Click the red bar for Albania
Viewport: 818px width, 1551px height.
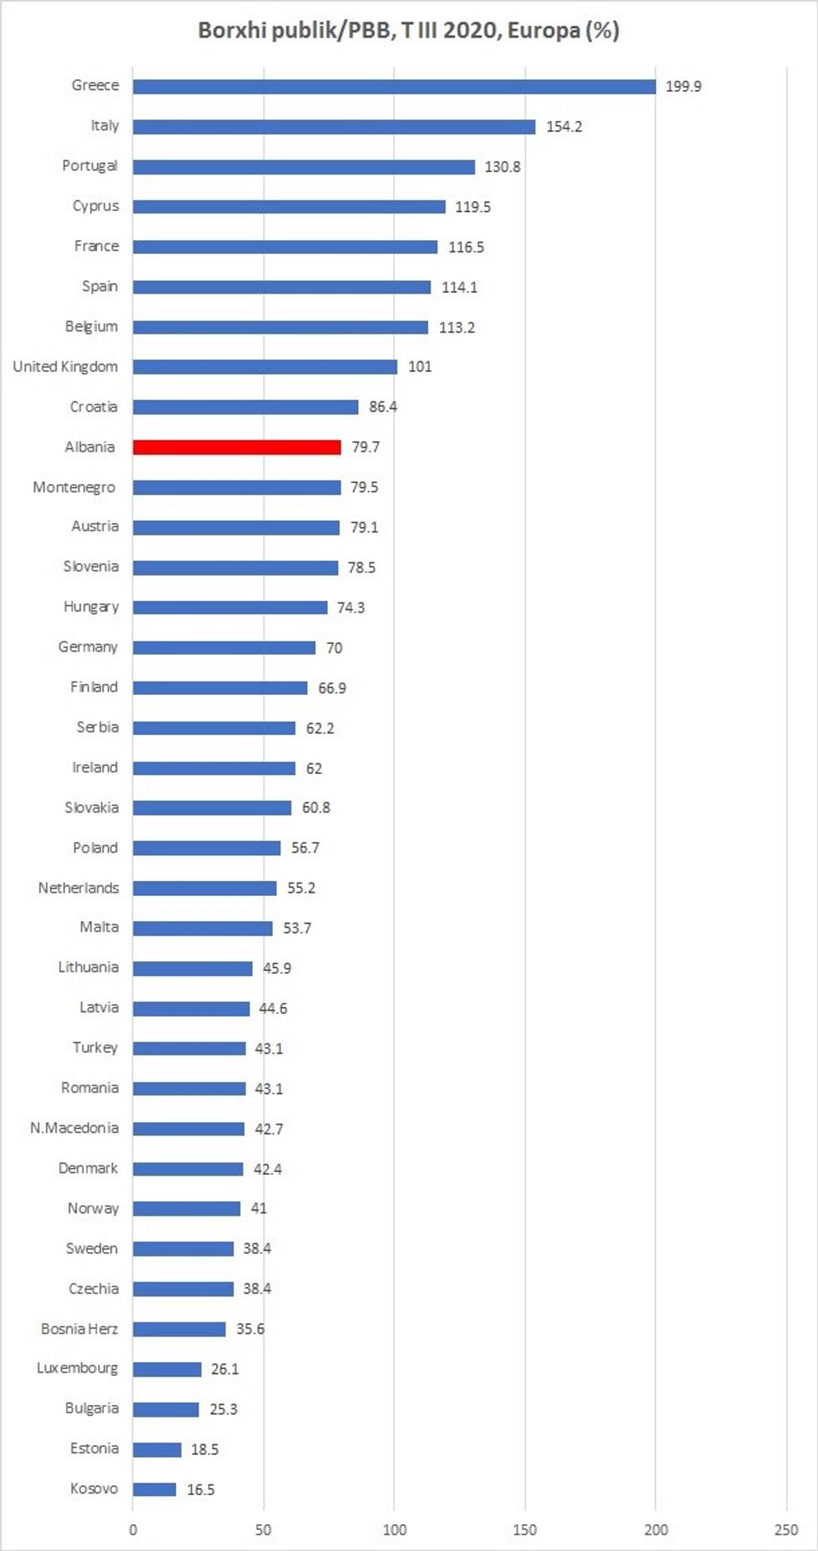click(237, 447)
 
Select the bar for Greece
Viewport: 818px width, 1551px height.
click(394, 87)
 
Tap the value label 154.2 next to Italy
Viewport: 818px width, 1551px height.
click(564, 127)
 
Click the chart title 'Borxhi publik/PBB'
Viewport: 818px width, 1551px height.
click(408, 31)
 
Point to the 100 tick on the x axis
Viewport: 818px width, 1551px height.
click(394, 1529)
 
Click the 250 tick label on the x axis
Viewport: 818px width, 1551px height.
click(785, 1529)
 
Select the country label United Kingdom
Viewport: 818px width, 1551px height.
click(65, 366)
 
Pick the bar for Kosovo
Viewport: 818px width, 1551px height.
click(154, 1489)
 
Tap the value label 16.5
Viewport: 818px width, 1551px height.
click(200, 1489)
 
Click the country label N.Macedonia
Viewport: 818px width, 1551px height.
click(74, 1128)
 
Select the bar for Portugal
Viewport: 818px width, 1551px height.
click(304, 167)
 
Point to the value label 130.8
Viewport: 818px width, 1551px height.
click(502, 167)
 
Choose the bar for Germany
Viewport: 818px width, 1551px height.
click(224, 647)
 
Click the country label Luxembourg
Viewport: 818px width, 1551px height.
click(77, 1368)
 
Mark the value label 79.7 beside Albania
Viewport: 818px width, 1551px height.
click(366, 447)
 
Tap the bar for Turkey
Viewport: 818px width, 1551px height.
click(189, 1049)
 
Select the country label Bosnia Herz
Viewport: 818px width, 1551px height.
click(79, 1328)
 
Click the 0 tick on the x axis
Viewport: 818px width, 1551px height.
click(133, 1529)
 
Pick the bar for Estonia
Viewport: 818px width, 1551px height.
click(157, 1449)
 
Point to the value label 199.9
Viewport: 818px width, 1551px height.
click(683, 87)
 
